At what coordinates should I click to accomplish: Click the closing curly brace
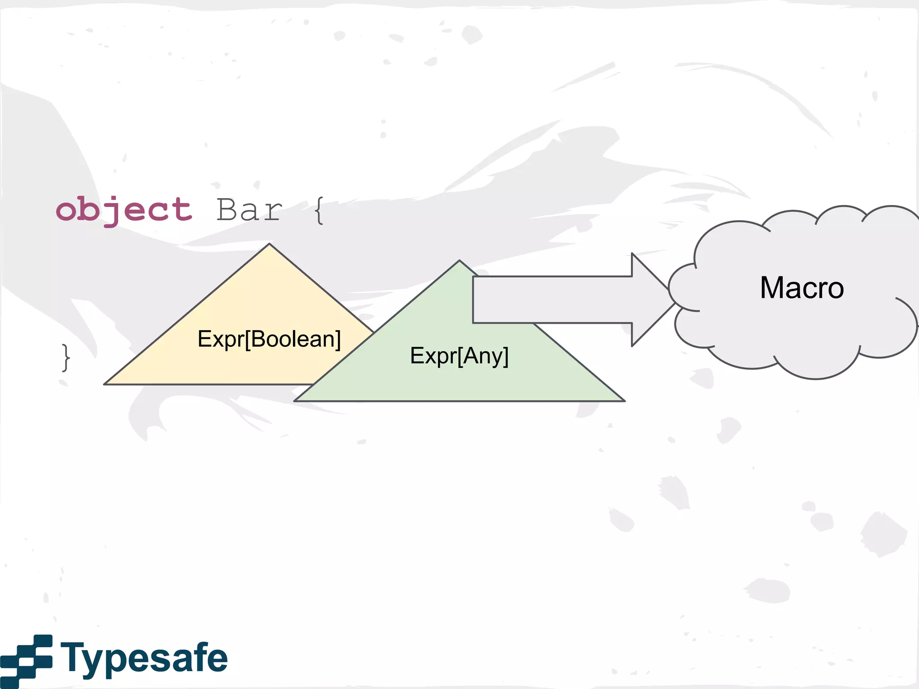pos(66,358)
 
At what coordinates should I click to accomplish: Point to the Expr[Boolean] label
pos(269,339)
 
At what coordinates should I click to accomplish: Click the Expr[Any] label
pos(459,356)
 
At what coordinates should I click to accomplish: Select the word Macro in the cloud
pos(802,288)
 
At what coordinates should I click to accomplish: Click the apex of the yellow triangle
pos(269,245)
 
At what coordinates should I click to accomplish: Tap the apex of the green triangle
pos(459,262)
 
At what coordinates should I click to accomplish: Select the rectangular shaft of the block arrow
pos(552,300)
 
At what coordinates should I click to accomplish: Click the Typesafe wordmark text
pos(144,658)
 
